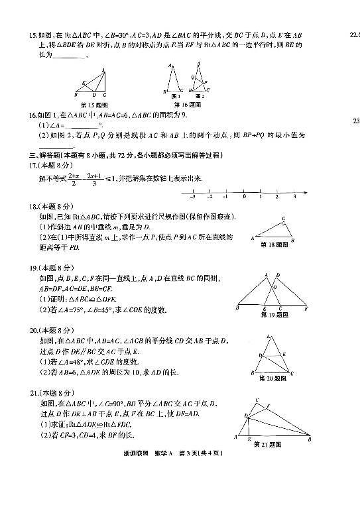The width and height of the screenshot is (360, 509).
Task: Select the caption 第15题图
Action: (x=93, y=105)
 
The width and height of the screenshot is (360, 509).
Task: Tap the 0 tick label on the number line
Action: (x=244, y=197)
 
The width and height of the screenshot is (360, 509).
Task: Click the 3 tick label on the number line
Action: (x=294, y=197)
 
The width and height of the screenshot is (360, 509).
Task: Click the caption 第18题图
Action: (x=272, y=245)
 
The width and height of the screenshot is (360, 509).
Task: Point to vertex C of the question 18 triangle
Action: (x=283, y=219)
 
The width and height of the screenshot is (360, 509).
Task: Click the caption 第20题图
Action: (x=272, y=377)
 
